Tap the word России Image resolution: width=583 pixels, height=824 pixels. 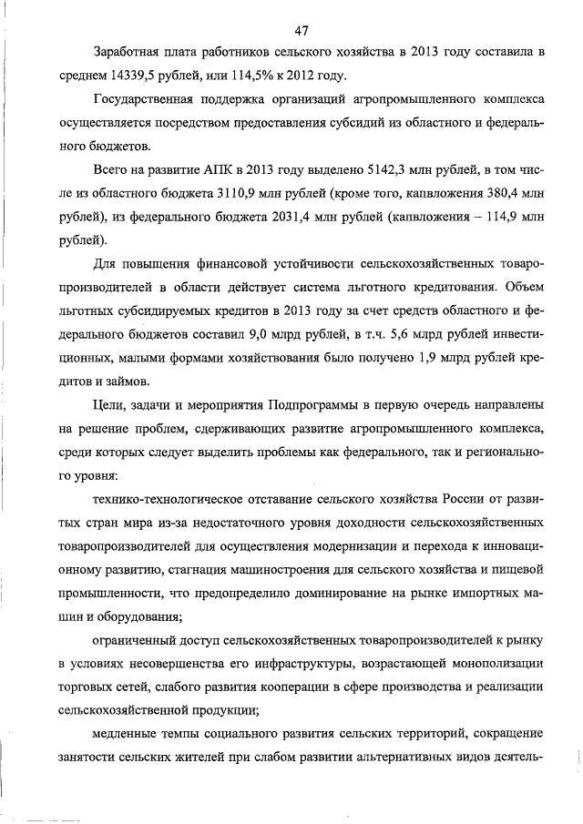tap(466, 500)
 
